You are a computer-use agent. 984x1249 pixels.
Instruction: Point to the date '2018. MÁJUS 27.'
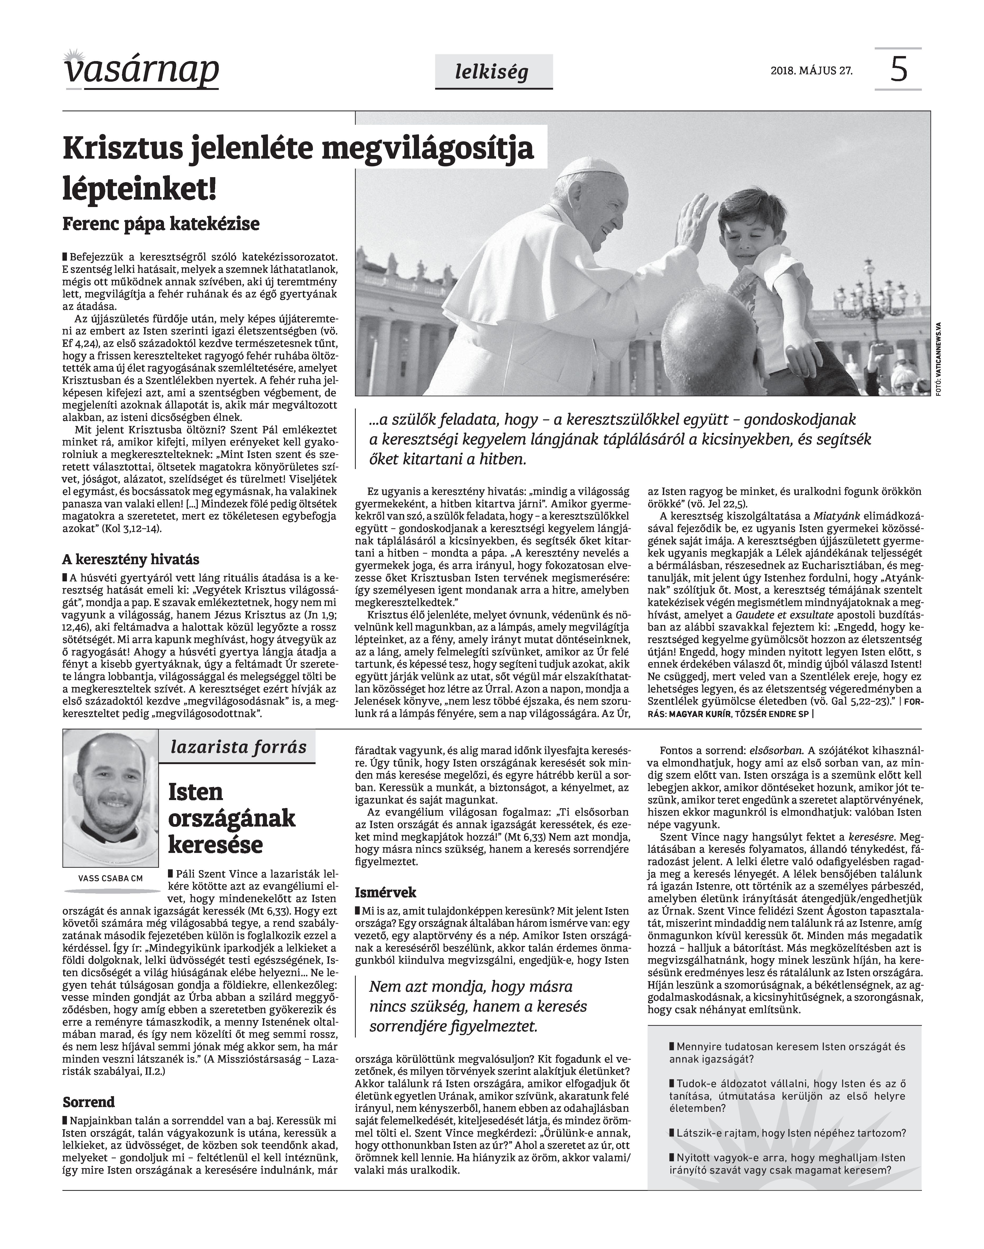pyautogui.click(x=811, y=72)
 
